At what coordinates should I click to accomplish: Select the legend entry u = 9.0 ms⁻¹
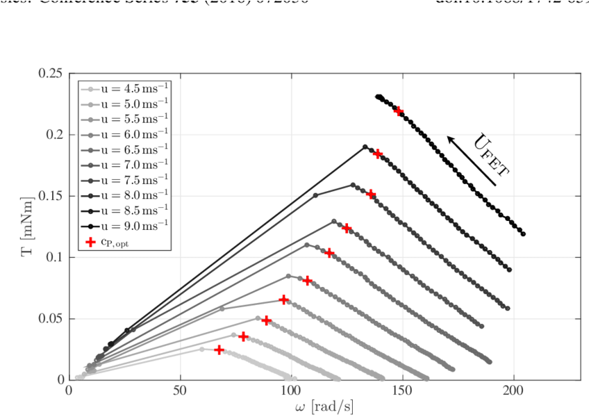(125, 226)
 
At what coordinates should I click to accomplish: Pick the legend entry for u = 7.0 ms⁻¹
(125, 165)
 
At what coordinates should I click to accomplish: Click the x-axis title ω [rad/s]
(324, 407)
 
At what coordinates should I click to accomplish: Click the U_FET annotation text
(490, 154)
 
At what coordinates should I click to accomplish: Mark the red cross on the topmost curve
(398, 110)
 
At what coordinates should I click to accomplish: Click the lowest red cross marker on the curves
(219, 350)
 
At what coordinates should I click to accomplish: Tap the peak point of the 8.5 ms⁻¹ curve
(365, 147)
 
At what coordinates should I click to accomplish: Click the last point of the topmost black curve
(522, 234)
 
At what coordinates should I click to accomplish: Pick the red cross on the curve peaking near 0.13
(347, 228)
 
